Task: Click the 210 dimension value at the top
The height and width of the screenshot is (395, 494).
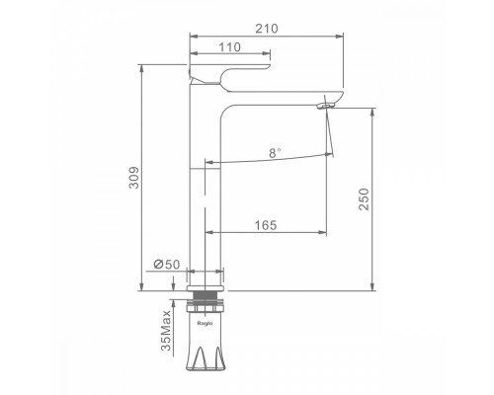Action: pyautogui.click(x=267, y=29)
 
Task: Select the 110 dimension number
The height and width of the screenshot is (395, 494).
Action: pyautogui.click(x=230, y=47)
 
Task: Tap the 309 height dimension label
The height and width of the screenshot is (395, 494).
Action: pyautogui.click(x=133, y=178)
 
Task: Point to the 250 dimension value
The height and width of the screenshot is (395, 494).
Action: pyautogui.click(x=365, y=199)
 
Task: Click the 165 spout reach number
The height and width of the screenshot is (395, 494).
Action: pyautogui.click(x=266, y=225)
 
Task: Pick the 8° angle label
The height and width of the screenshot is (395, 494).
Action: pyautogui.click(x=275, y=153)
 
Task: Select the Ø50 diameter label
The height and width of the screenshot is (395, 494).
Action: pyautogui.click(x=167, y=264)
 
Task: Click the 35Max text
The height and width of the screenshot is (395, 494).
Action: pyautogui.click(x=166, y=330)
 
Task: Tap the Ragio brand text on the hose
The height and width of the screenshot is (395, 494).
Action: pyautogui.click(x=205, y=323)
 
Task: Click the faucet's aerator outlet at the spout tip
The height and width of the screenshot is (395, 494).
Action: pyautogui.click(x=326, y=106)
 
